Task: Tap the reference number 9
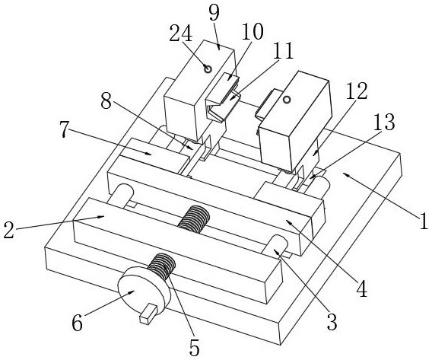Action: tap(214, 12)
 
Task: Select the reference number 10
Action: tap(253, 31)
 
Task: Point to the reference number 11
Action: tap(284, 51)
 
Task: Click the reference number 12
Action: tap(357, 91)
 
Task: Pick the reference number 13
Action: tap(385, 122)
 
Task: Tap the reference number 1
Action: tap(424, 221)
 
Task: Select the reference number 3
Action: tap(332, 322)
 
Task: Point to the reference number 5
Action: tap(195, 348)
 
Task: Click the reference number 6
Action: tap(77, 323)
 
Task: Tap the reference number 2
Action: tap(9, 231)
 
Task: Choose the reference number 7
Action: tap(64, 129)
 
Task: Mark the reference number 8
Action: tap(106, 102)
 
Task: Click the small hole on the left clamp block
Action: tap(208, 68)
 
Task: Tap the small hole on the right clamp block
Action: tap(287, 100)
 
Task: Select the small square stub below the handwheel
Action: tap(148, 314)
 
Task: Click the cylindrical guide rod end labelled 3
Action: tap(275, 245)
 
